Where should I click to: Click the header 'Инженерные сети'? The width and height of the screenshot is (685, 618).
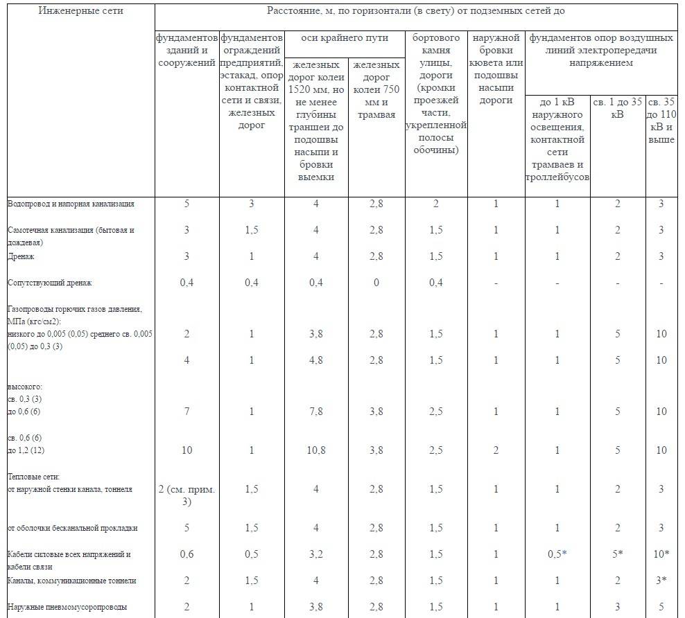click(x=82, y=12)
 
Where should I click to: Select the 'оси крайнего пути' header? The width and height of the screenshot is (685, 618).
click(x=344, y=38)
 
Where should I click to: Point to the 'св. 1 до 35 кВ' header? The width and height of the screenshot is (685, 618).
click(x=618, y=108)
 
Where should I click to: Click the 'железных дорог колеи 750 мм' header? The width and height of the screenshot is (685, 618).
click(x=376, y=89)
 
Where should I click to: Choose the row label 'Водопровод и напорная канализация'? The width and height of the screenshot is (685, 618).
click(x=71, y=204)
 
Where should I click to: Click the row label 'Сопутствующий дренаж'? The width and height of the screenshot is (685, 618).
click(x=50, y=283)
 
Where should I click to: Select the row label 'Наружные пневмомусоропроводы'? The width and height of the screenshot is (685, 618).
click(x=67, y=608)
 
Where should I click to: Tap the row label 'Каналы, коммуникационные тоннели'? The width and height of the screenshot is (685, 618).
click(x=72, y=580)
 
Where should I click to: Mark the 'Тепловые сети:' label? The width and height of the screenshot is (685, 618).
click(x=34, y=477)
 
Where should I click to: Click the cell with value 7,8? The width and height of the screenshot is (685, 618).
click(x=315, y=412)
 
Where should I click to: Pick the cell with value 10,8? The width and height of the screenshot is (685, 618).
click(x=315, y=450)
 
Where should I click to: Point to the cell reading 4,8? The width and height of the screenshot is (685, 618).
click(x=315, y=360)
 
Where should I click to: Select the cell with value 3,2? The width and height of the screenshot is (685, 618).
click(x=315, y=554)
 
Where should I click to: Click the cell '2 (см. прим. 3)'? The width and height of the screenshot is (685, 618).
click(x=187, y=495)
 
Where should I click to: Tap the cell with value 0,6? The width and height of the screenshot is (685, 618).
click(x=187, y=554)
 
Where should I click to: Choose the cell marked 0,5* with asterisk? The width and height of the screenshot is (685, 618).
click(x=557, y=554)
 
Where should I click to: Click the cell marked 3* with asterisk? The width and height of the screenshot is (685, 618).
click(x=661, y=580)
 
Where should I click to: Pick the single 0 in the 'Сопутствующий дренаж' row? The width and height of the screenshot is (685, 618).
click(x=375, y=283)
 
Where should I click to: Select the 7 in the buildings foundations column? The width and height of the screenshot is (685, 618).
click(x=187, y=412)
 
